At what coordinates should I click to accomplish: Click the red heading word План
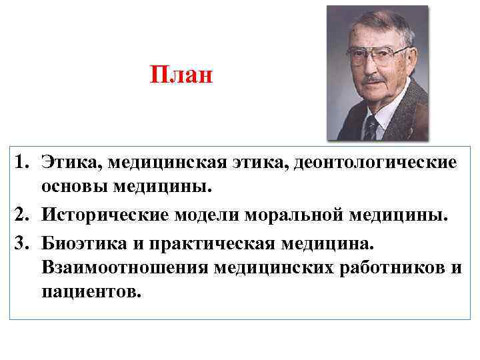tap(181, 74)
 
